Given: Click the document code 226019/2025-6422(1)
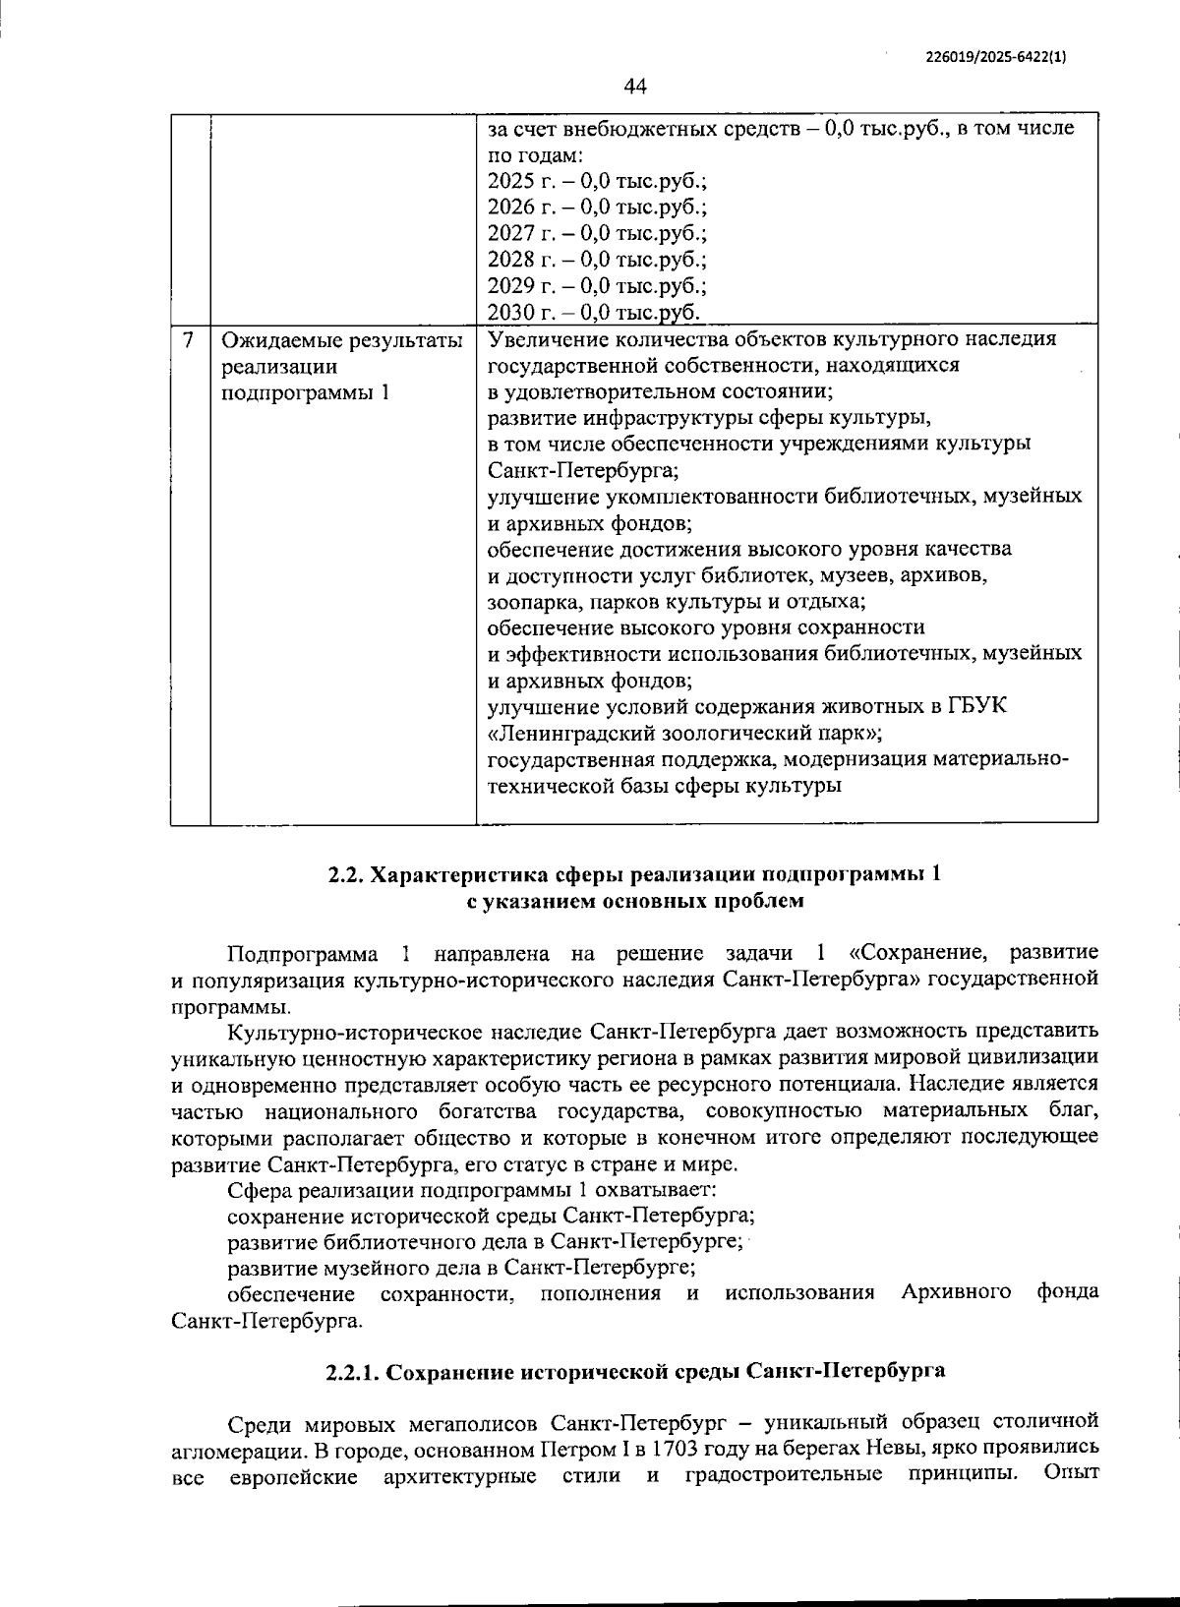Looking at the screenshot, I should [996, 56].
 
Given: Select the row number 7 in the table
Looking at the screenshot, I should [189, 340].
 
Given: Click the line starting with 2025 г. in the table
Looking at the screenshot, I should [597, 181].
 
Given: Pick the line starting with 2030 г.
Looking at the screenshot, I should [593, 313].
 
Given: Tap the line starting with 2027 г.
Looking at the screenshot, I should [597, 234].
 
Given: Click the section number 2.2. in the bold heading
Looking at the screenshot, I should [346, 874].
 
